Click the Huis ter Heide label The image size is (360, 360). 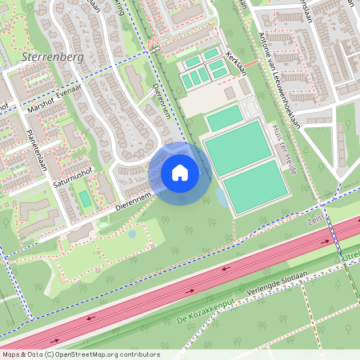288,145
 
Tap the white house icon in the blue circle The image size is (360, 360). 180,172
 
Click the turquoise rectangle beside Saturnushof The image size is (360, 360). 85,198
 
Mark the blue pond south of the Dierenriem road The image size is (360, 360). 132,234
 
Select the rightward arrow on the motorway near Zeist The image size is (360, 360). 326,241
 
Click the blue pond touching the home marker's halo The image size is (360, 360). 220,197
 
